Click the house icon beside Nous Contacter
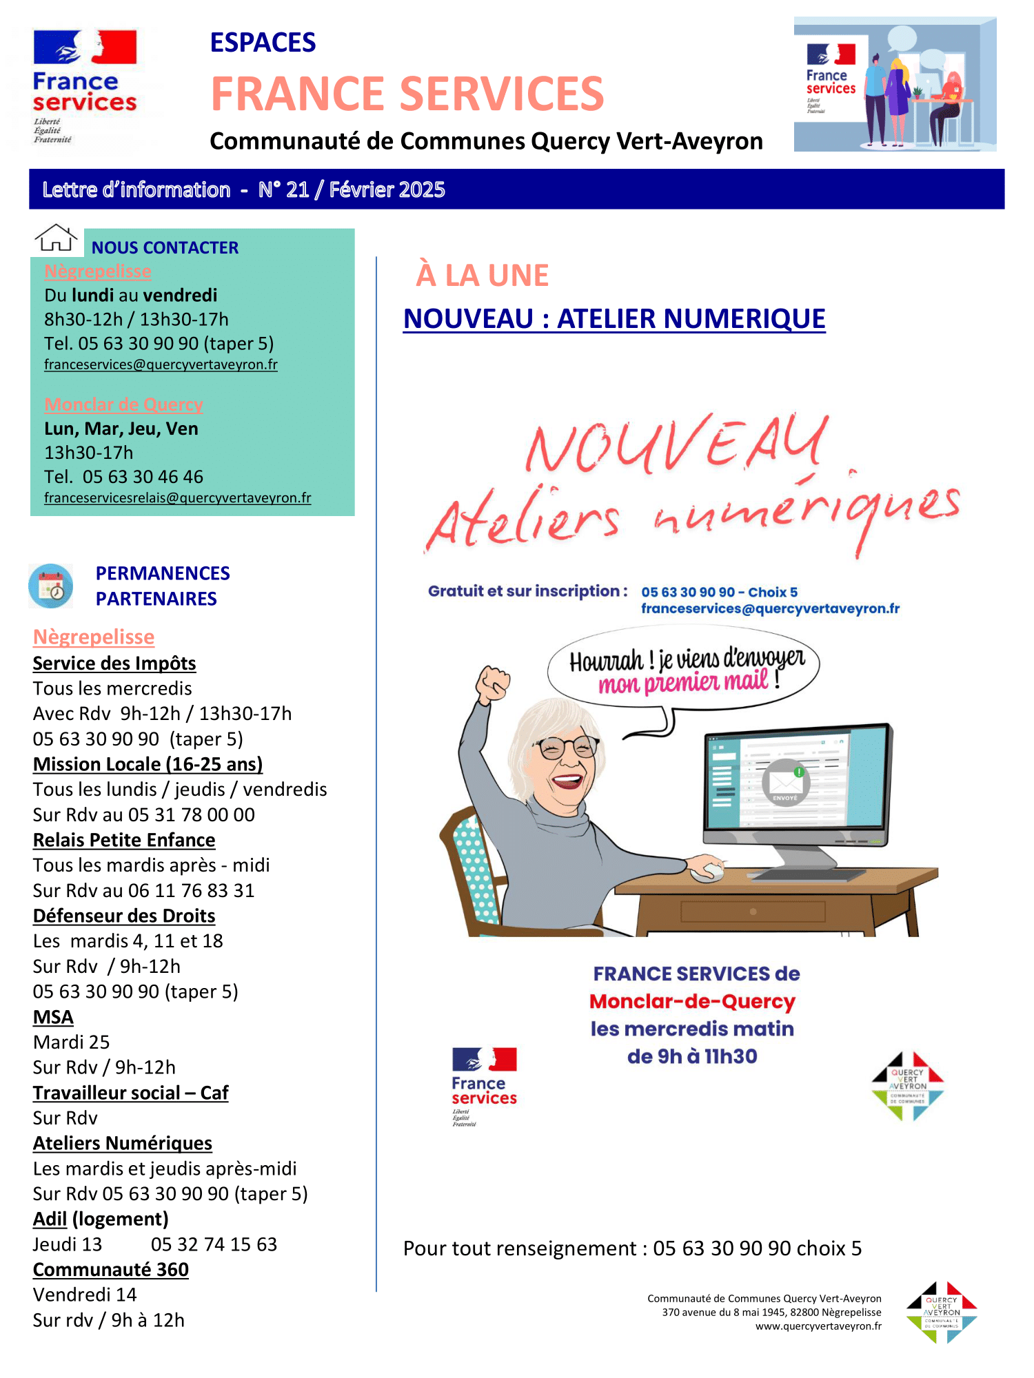55,238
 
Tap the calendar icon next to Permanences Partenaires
50,586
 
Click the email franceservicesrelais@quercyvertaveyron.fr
177,497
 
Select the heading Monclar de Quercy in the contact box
123,404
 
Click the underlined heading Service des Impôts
114,663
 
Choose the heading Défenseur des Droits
124,916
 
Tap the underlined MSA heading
53,1017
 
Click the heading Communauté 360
110,1269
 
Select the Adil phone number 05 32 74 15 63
214,1244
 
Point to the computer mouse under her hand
709,871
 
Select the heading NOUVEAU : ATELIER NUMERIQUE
614,319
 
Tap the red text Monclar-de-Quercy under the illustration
692,1001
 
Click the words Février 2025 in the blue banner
387,189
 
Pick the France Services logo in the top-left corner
84,86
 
